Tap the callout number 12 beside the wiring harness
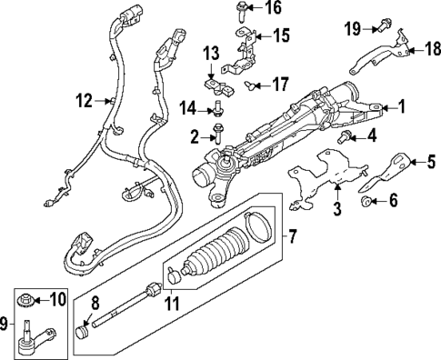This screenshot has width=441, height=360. click(x=84, y=102)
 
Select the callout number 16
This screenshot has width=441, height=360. click(x=273, y=9)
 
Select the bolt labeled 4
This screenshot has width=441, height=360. click(x=346, y=136)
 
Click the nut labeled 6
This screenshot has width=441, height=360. click(x=367, y=201)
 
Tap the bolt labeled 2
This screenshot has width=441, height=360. click(x=215, y=137)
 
